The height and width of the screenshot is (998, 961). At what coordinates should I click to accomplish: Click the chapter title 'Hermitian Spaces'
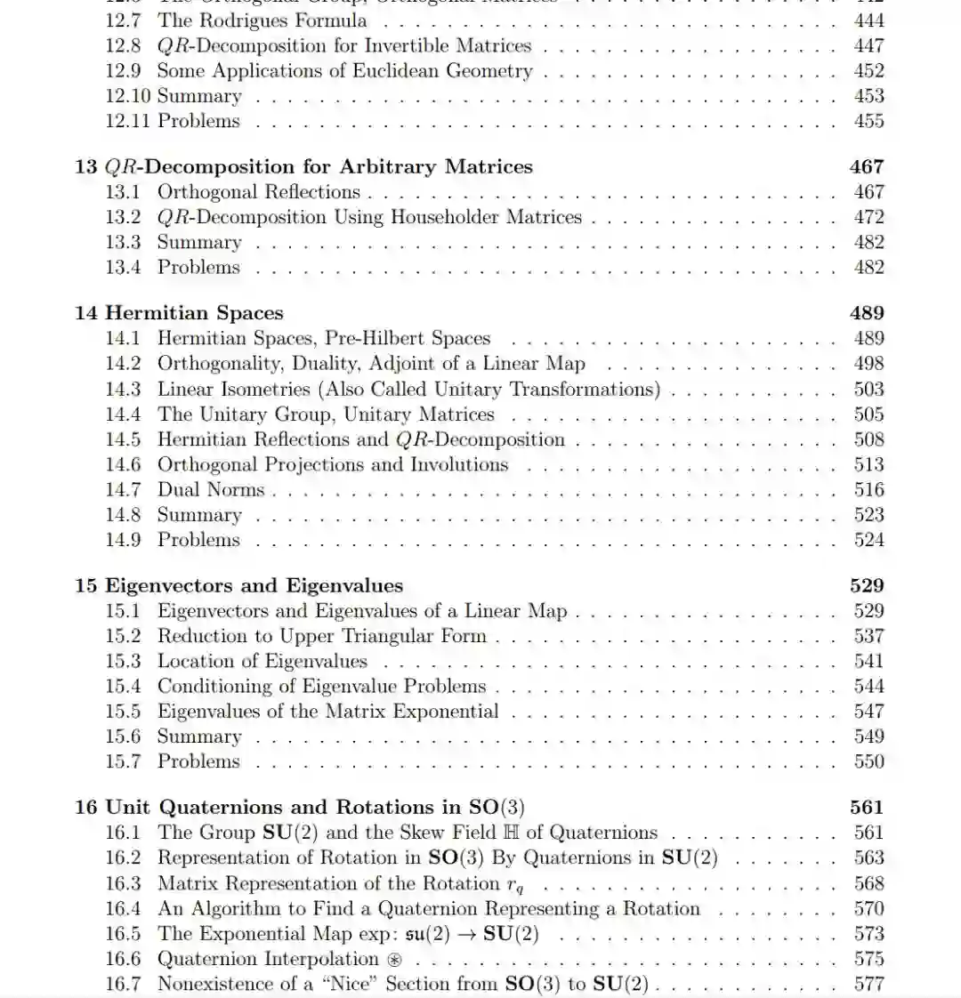pyautogui.click(x=194, y=313)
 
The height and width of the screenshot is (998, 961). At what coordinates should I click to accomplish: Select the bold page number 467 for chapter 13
pyautogui.click(x=867, y=166)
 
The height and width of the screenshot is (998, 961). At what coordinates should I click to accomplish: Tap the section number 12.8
pyautogui.click(x=123, y=45)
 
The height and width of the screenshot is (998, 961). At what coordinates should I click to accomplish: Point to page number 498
pyautogui.click(x=868, y=363)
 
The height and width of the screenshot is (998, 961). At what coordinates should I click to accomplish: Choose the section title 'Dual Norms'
pyautogui.click(x=211, y=489)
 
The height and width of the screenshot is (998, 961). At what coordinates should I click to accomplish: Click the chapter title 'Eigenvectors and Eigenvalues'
pyautogui.click(x=254, y=585)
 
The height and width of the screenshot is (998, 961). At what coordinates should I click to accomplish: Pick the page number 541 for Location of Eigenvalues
pyautogui.click(x=868, y=661)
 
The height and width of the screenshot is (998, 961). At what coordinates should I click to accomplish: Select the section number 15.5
pyautogui.click(x=123, y=711)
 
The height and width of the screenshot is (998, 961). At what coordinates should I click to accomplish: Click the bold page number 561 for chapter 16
pyautogui.click(x=867, y=807)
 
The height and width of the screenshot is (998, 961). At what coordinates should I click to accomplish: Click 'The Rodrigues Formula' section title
pyautogui.click(x=262, y=20)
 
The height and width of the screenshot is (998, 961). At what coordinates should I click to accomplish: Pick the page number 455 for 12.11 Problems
pyautogui.click(x=868, y=121)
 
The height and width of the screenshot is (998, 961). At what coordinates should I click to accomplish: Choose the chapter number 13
pyautogui.click(x=85, y=166)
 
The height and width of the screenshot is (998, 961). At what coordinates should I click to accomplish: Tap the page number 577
pyautogui.click(x=868, y=984)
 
